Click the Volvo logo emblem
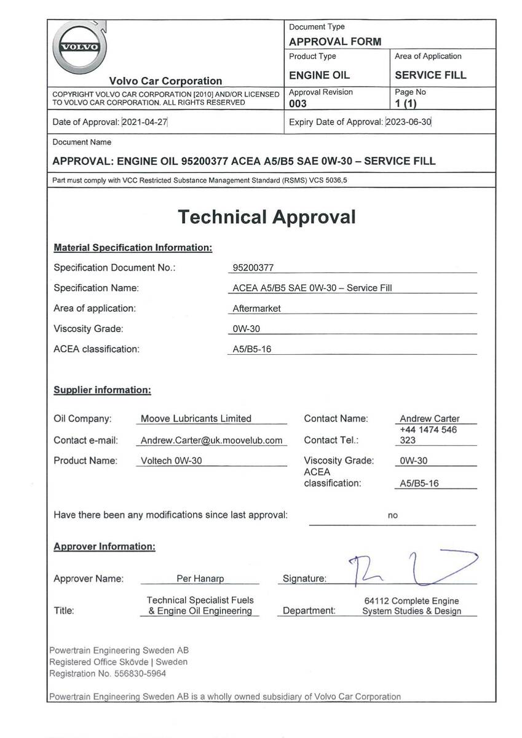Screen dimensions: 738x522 coord(78,47)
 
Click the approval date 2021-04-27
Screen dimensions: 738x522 coord(145,122)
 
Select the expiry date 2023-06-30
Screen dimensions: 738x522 coord(409,122)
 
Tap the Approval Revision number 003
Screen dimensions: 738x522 coord(298,104)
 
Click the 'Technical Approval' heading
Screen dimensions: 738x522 coord(267,216)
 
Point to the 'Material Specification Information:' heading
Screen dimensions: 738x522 coord(133,248)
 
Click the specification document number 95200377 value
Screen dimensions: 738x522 coord(253,268)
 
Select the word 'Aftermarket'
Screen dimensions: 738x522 coord(256,309)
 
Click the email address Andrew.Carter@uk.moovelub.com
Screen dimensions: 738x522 coord(212,440)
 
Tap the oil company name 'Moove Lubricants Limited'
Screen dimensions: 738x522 coord(196,419)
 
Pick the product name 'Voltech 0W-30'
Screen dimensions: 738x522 coord(172,461)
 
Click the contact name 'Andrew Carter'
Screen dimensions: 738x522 coord(430,419)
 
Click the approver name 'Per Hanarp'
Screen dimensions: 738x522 coord(199,579)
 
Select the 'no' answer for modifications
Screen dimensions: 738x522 coord(392,515)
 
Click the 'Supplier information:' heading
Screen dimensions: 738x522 coord(102,390)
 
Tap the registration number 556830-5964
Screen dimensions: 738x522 coord(140,673)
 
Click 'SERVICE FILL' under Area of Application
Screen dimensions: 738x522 coord(430,75)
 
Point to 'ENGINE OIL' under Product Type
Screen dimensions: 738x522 coord(319,75)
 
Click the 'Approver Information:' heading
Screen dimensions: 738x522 coord(105,546)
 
